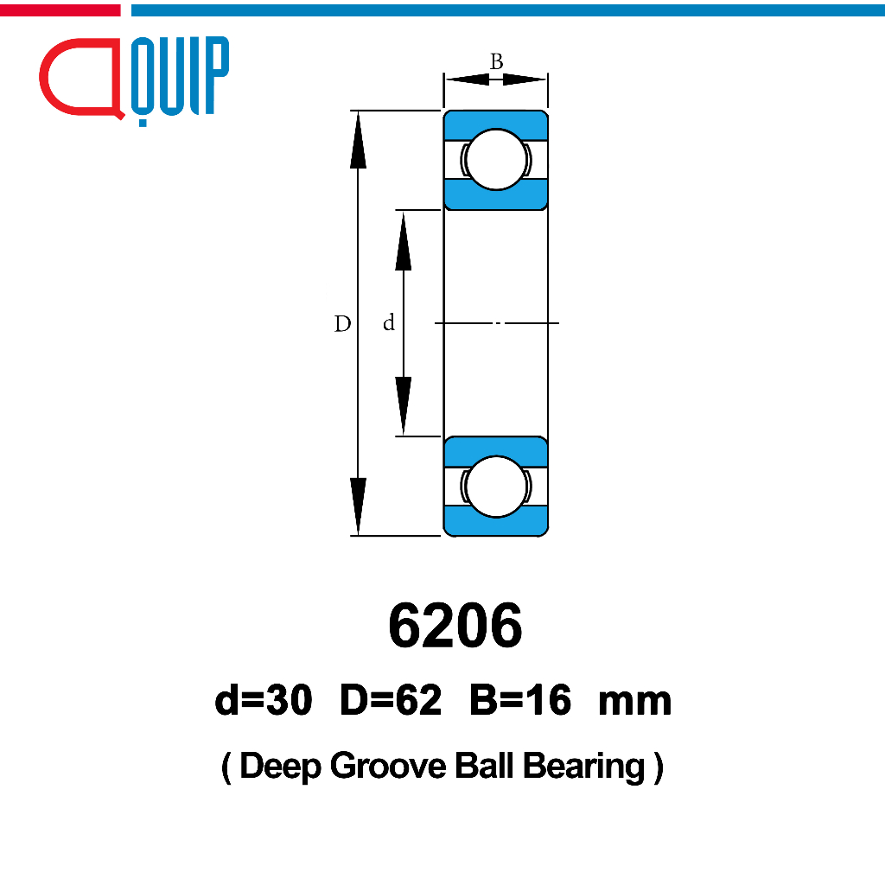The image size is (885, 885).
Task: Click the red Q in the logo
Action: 45,85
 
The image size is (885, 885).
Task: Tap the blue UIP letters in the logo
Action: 180,77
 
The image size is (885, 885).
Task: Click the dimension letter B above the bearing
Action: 496,61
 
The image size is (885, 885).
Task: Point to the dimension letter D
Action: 342,323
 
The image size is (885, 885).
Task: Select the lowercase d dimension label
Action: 388,323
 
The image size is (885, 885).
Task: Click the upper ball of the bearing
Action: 496,159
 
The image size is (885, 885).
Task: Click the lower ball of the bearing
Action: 496,487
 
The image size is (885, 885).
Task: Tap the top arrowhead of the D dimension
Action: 358,139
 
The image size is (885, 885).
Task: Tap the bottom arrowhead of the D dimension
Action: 358,506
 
